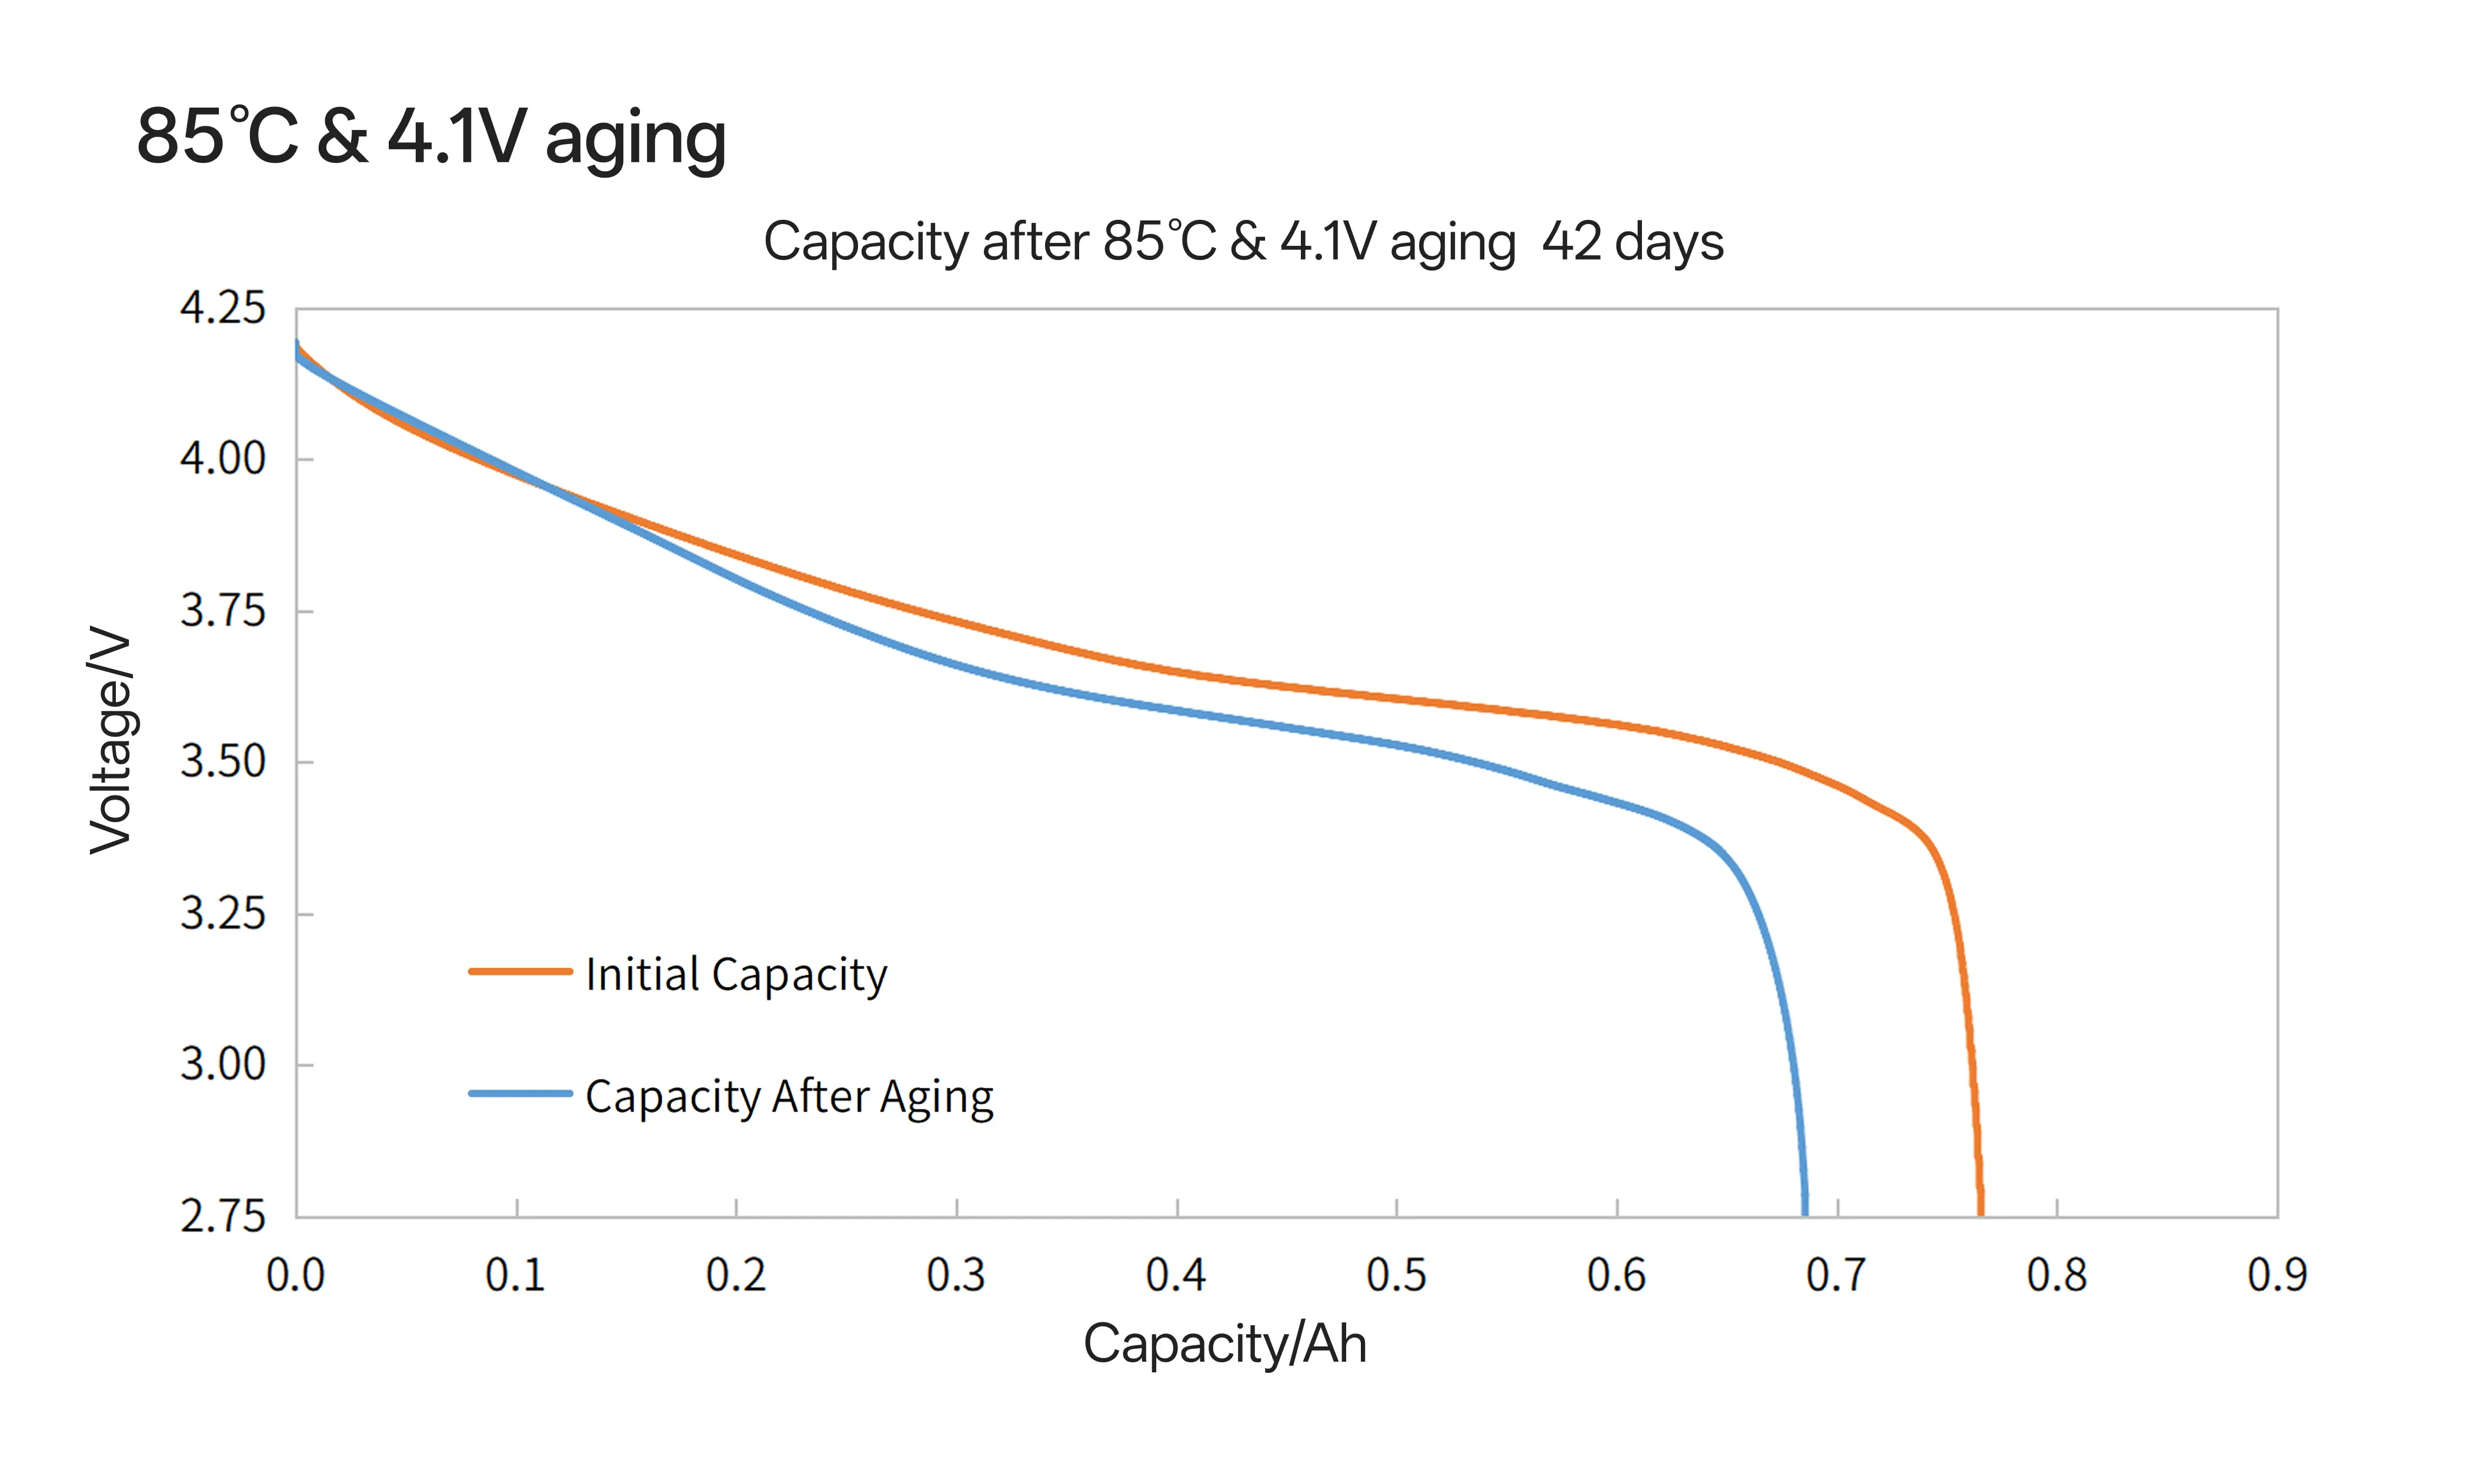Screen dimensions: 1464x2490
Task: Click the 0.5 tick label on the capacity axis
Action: [x=1396, y=1275]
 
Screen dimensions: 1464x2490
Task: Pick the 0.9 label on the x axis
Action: [x=2277, y=1275]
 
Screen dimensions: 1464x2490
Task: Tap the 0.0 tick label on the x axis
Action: [x=295, y=1275]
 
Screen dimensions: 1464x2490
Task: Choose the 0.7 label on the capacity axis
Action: [x=1836, y=1275]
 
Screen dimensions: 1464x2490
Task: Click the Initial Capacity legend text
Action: [x=736, y=974]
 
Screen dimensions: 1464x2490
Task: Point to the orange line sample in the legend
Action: [x=520, y=972]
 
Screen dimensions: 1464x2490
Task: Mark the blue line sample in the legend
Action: [x=520, y=1094]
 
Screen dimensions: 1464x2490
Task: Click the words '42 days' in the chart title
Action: [x=1633, y=242]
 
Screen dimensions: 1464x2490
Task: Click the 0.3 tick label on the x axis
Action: [x=956, y=1275]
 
